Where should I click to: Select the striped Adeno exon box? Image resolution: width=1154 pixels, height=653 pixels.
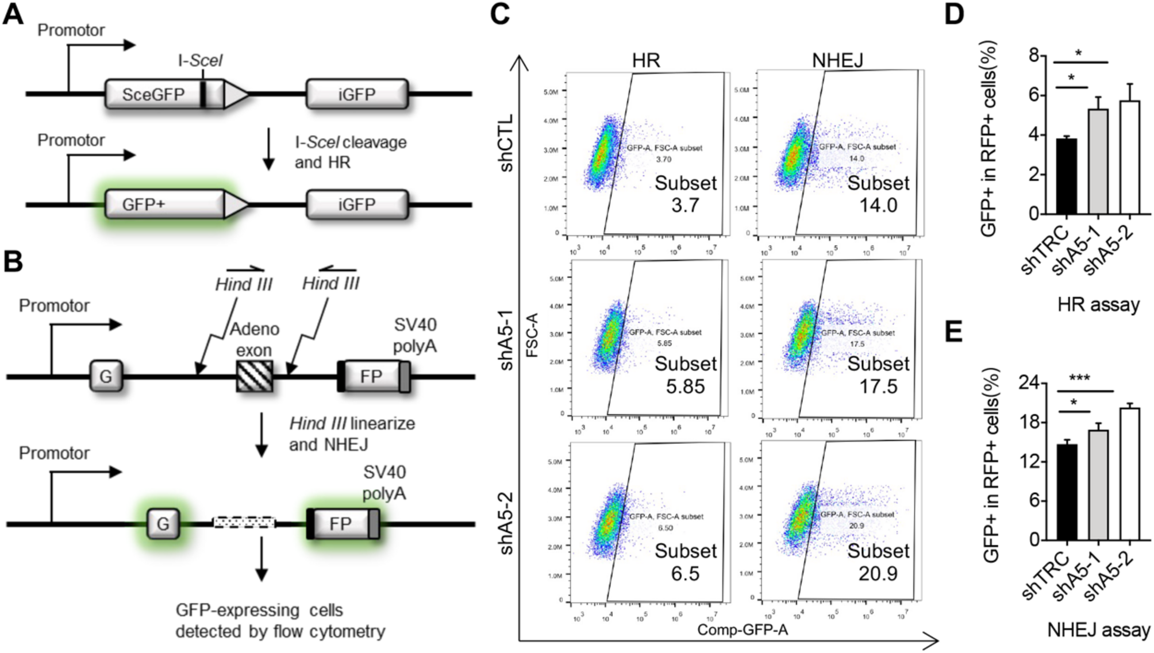(x=255, y=376)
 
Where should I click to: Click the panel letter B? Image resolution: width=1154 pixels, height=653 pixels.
(x=13, y=262)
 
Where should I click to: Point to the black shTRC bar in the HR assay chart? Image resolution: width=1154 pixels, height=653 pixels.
(x=1067, y=176)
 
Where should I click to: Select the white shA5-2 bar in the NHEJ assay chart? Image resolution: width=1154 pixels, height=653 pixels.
(x=1129, y=474)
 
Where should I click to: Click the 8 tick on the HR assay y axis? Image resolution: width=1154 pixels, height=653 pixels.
(x=1034, y=56)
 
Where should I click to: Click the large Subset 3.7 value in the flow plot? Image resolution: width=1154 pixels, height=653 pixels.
(x=685, y=205)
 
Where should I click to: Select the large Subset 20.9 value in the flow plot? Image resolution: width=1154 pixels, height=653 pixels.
(x=878, y=573)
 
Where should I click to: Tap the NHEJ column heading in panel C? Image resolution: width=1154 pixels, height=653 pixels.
(x=837, y=60)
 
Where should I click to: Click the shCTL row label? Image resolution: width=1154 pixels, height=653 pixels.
(x=506, y=144)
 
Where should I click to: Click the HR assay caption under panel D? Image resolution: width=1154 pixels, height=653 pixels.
(x=1098, y=305)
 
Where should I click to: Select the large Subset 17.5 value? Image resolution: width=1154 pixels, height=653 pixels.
(x=878, y=387)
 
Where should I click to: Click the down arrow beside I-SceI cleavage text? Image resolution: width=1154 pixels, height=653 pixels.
(x=268, y=149)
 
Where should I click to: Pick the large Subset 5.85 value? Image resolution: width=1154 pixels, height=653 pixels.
(x=685, y=387)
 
